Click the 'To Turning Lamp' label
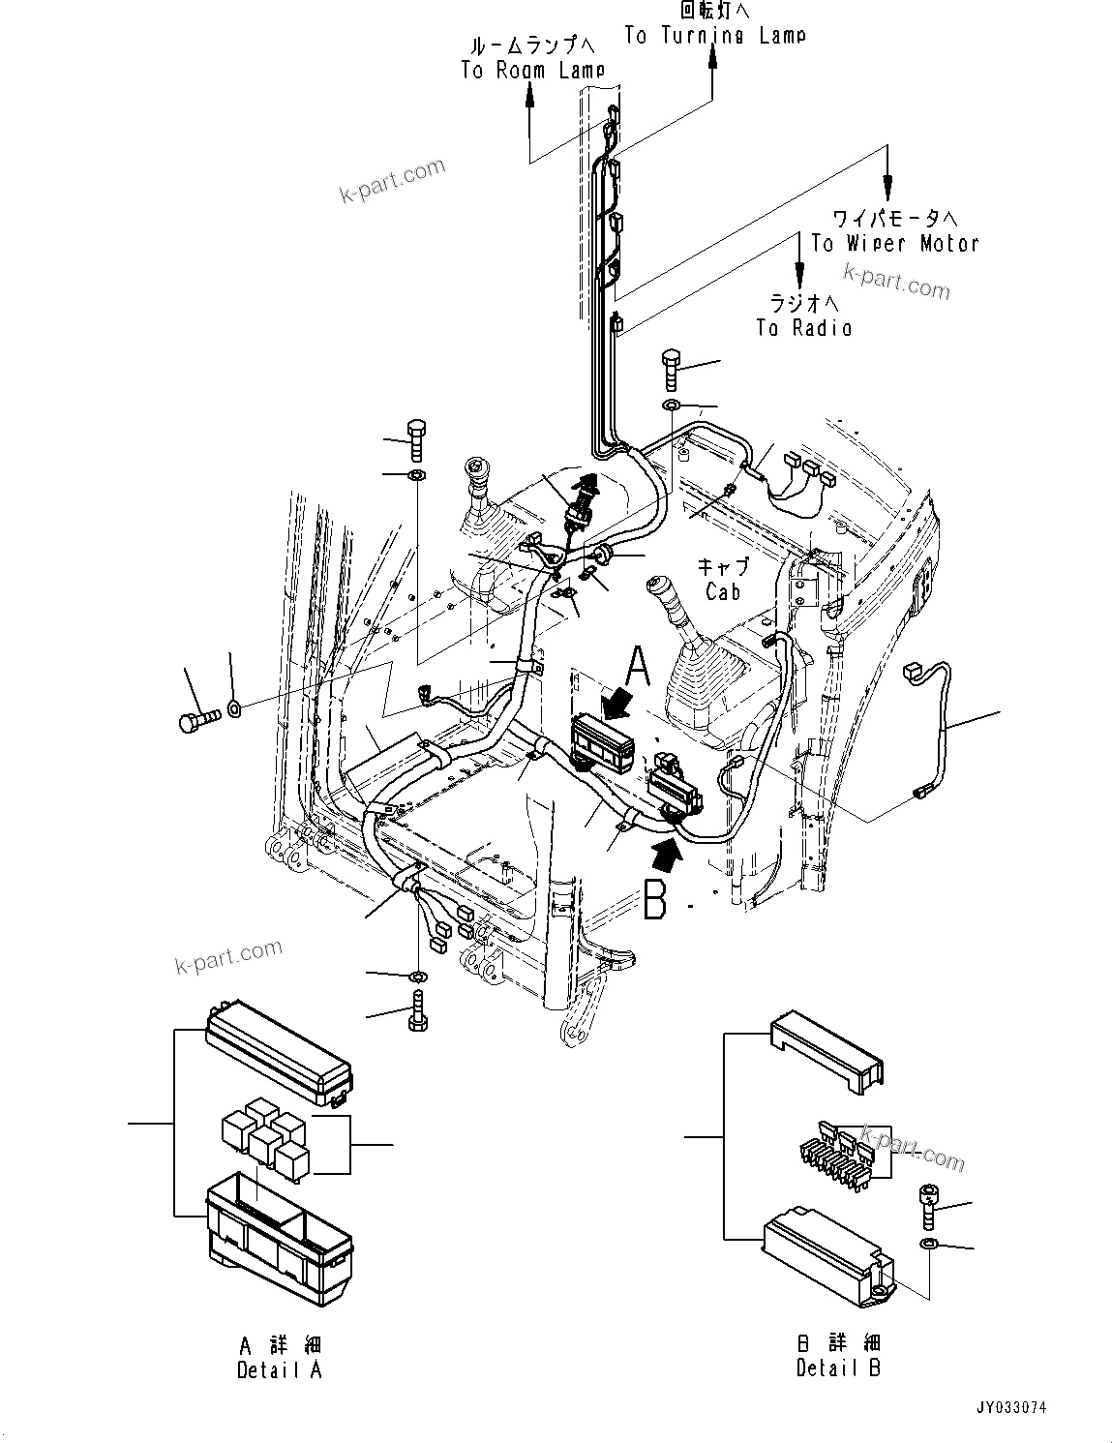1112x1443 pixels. pyautogui.click(x=714, y=36)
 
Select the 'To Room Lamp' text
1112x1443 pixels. pyautogui.click(x=532, y=70)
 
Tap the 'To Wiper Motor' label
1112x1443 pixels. pyautogui.click(x=894, y=243)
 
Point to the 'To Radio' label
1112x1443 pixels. pyautogui.click(x=804, y=328)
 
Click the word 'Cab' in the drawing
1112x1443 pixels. pyautogui.click(x=723, y=591)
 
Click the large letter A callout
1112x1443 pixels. pyautogui.click(x=639, y=667)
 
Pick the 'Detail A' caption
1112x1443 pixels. pyautogui.click(x=279, y=1369)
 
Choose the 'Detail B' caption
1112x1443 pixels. pyautogui.click(x=838, y=1368)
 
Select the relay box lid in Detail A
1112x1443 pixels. pyautogui.click(x=279, y=1054)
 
